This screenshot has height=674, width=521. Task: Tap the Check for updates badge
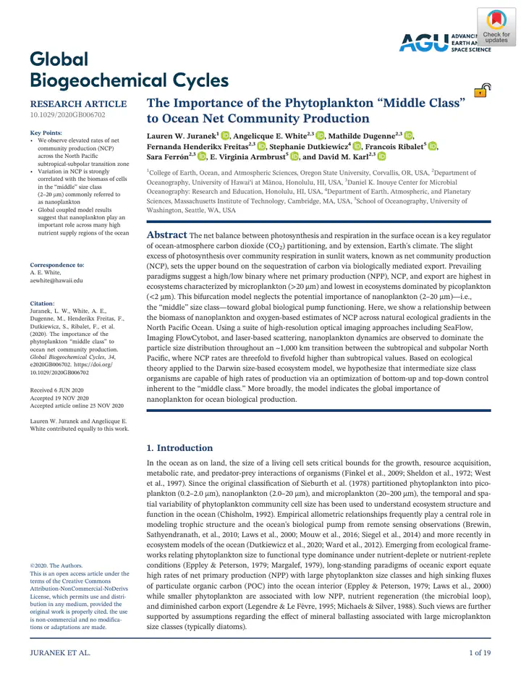pos(496,28)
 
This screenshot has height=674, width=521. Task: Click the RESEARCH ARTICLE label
pos(77,104)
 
